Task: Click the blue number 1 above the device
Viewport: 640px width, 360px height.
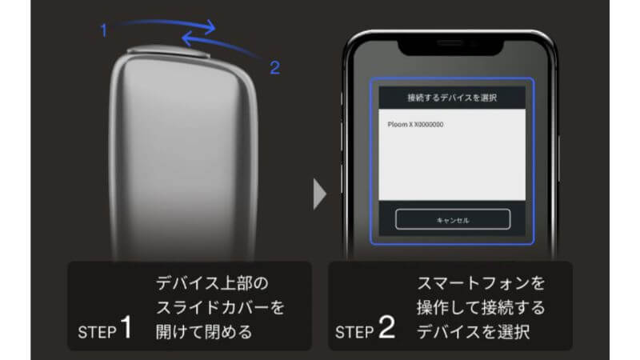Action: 103,30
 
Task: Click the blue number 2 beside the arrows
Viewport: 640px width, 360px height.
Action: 274,68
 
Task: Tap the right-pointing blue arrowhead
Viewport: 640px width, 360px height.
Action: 210,27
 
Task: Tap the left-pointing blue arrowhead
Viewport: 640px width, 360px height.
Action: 186,38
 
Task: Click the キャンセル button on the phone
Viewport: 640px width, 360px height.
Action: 452,219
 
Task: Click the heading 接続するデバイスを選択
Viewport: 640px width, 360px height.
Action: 452,98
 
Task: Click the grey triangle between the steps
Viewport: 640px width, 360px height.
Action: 320,195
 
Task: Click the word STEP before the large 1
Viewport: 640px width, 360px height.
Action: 97,331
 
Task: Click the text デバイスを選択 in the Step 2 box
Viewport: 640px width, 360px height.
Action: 464,331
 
